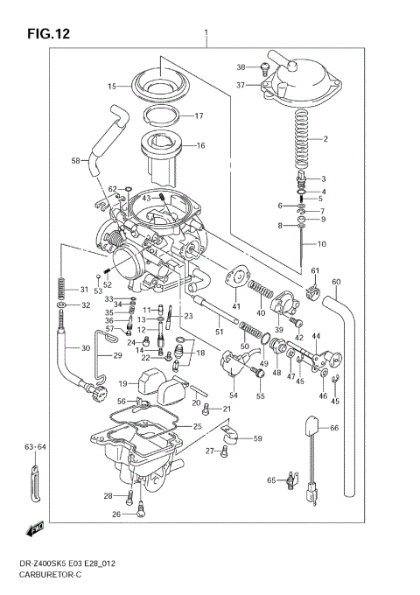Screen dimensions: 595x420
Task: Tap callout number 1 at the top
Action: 206,37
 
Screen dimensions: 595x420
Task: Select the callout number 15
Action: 112,87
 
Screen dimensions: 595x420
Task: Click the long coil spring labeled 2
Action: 300,140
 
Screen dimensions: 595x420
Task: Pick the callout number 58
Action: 75,160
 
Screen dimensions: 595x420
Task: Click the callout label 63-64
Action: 35,448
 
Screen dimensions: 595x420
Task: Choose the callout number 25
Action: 198,426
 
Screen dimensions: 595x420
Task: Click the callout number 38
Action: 241,67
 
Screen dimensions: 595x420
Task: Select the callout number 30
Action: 85,348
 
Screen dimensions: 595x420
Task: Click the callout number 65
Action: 271,479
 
